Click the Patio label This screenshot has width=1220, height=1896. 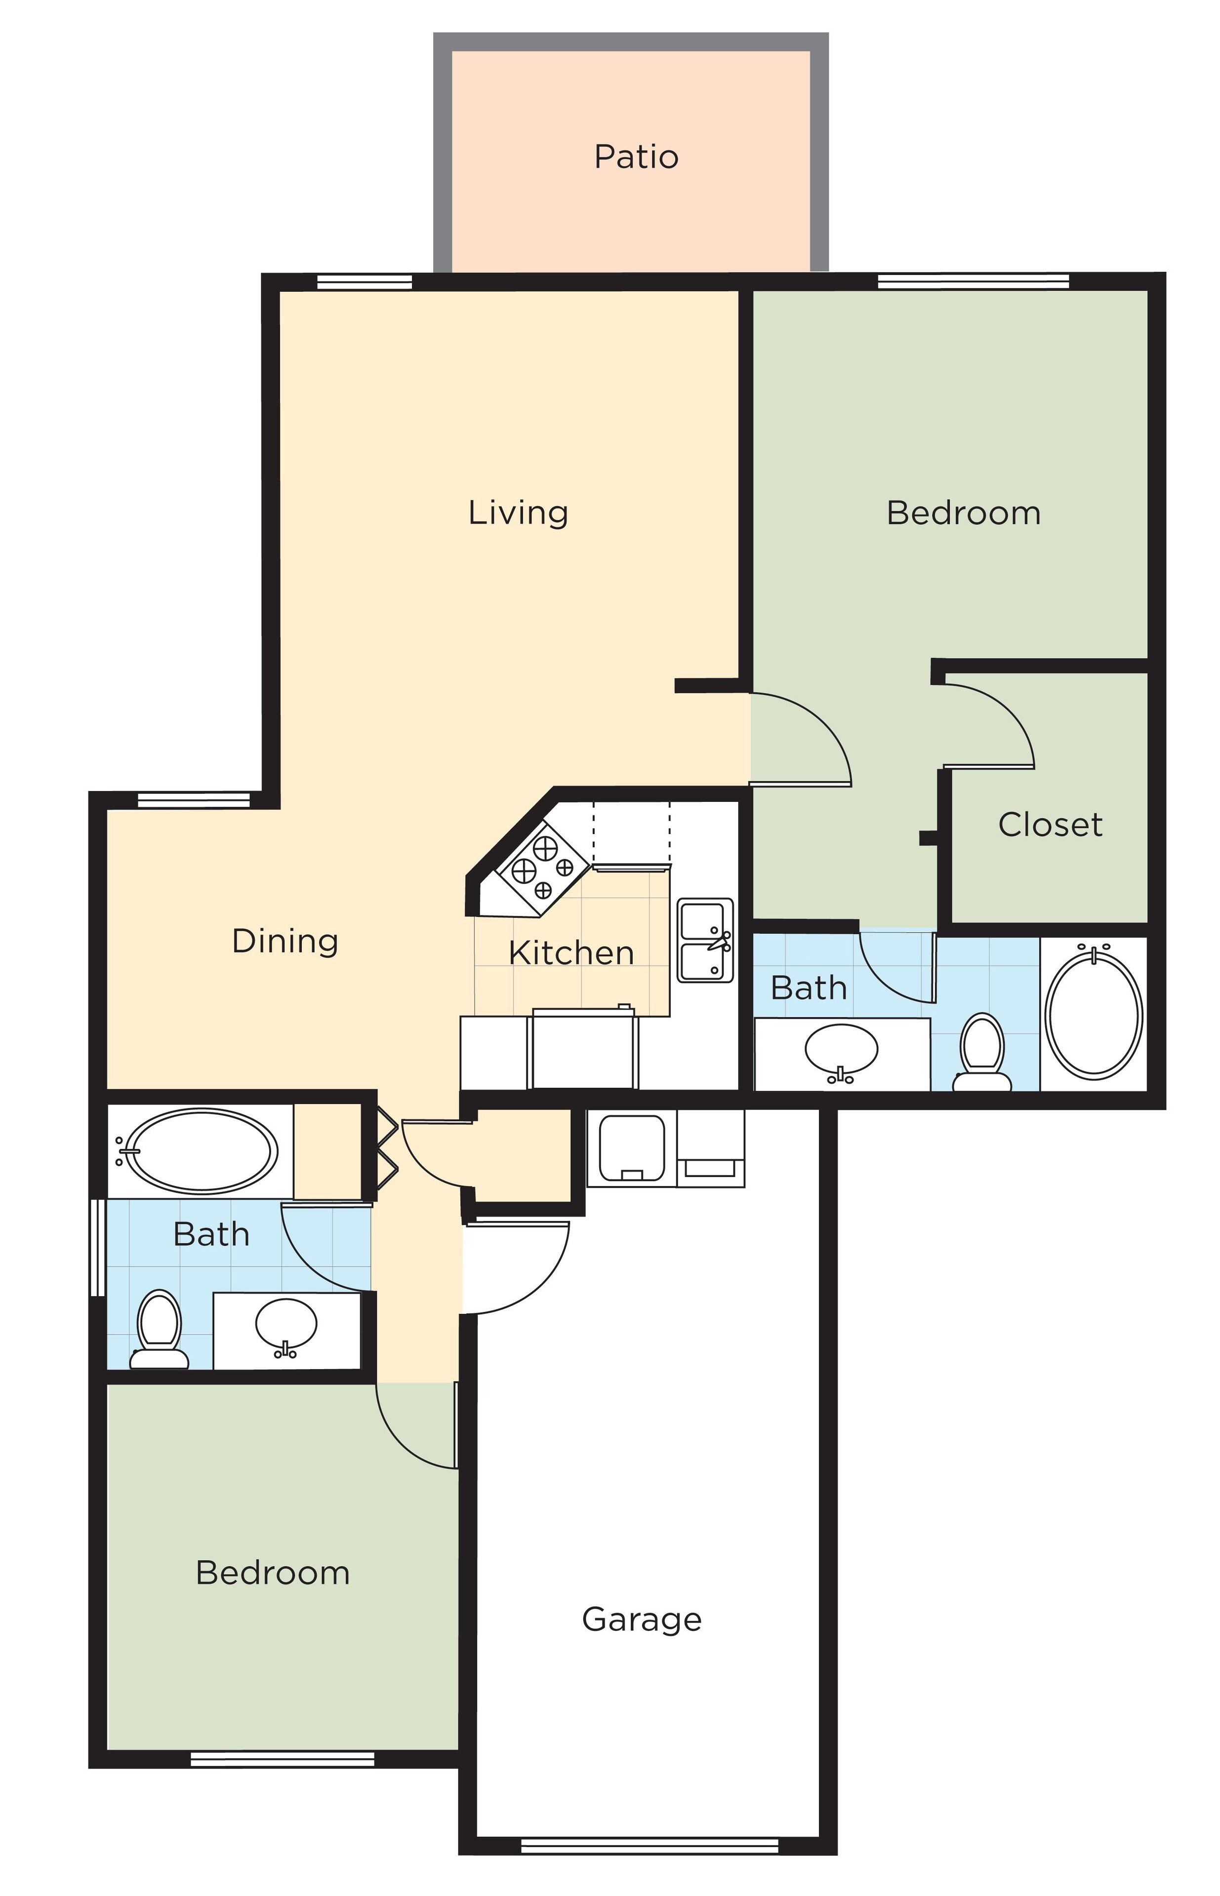636,157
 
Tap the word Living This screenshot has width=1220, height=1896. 518,513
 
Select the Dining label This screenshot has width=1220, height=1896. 285,941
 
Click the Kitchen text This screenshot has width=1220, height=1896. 571,953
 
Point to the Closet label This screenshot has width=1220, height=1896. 1050,825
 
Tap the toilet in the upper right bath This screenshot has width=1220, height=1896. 982,1052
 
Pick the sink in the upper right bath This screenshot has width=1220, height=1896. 841,1049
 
